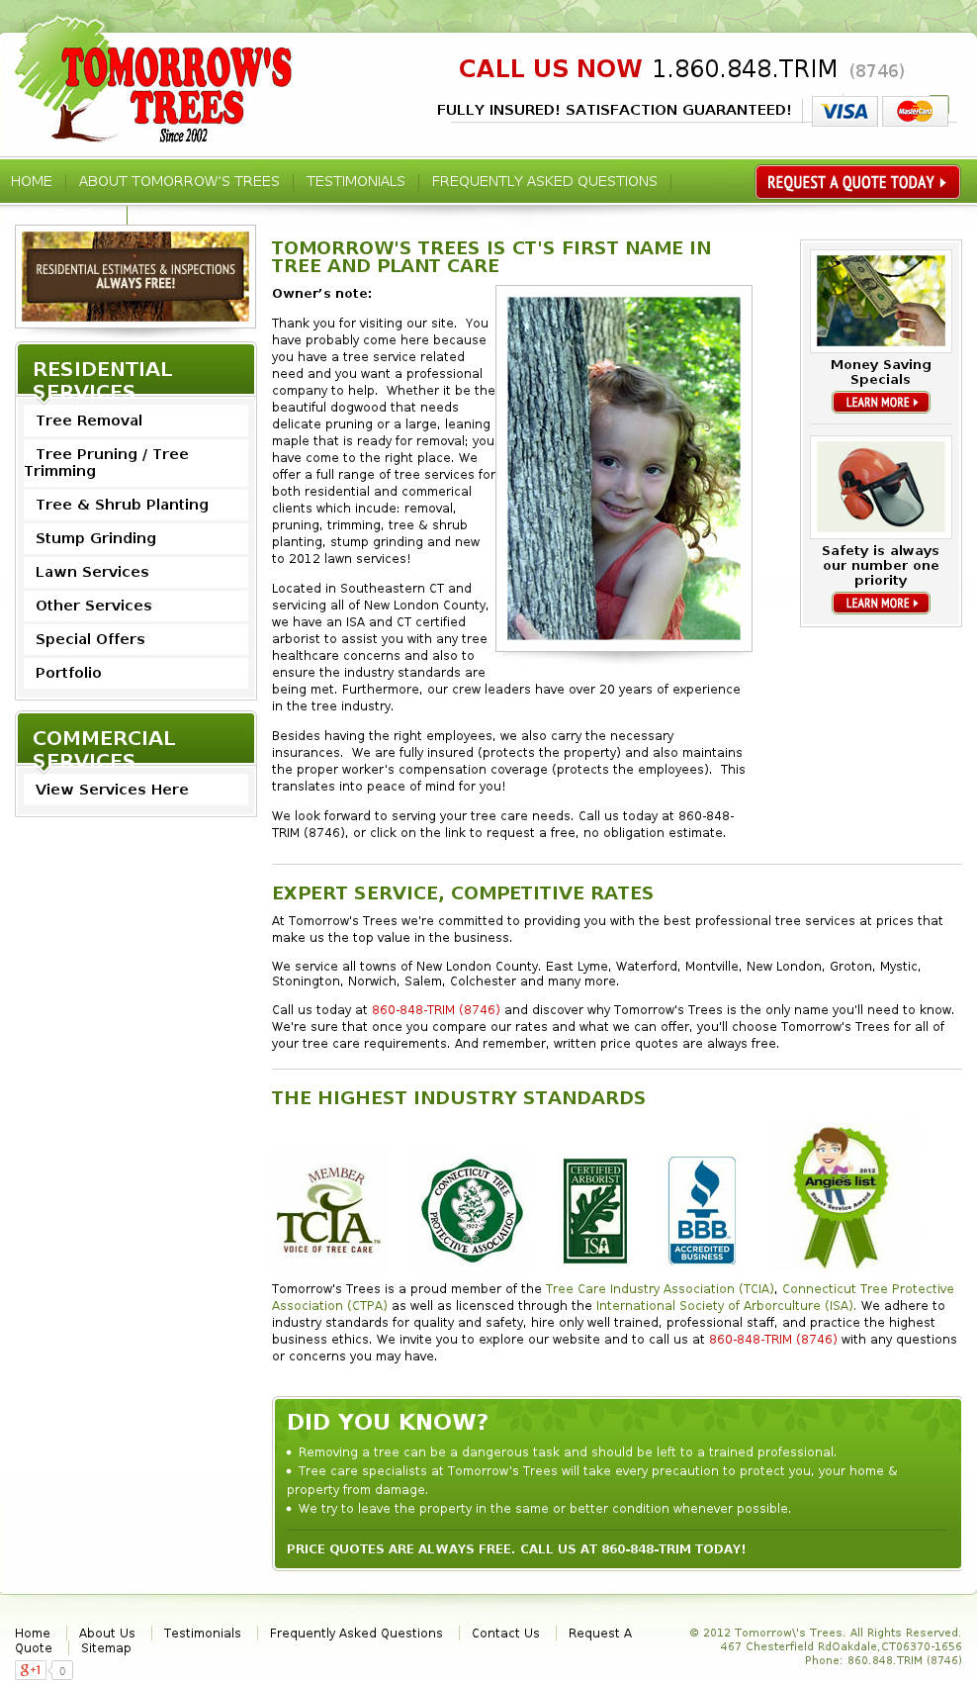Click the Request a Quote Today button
[856, 182]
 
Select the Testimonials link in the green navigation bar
[355, 182]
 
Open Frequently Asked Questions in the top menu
[544, 182]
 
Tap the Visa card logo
[844, 112]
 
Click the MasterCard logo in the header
[915, 112]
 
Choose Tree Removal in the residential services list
[89, 421]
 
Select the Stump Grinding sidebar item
[96, 538]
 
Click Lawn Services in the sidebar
[92, 572]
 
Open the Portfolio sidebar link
[68, 673]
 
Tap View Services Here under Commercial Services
[112, 790]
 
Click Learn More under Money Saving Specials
[880, 403]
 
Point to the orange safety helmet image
[880, 487]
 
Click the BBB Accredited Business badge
[702, 1210]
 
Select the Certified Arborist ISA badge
[595, 1210]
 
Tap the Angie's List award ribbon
[841, 1195]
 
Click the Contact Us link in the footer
[505, 1634]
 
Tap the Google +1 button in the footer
[32, 1670]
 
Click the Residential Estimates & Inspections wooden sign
[135, 276]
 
